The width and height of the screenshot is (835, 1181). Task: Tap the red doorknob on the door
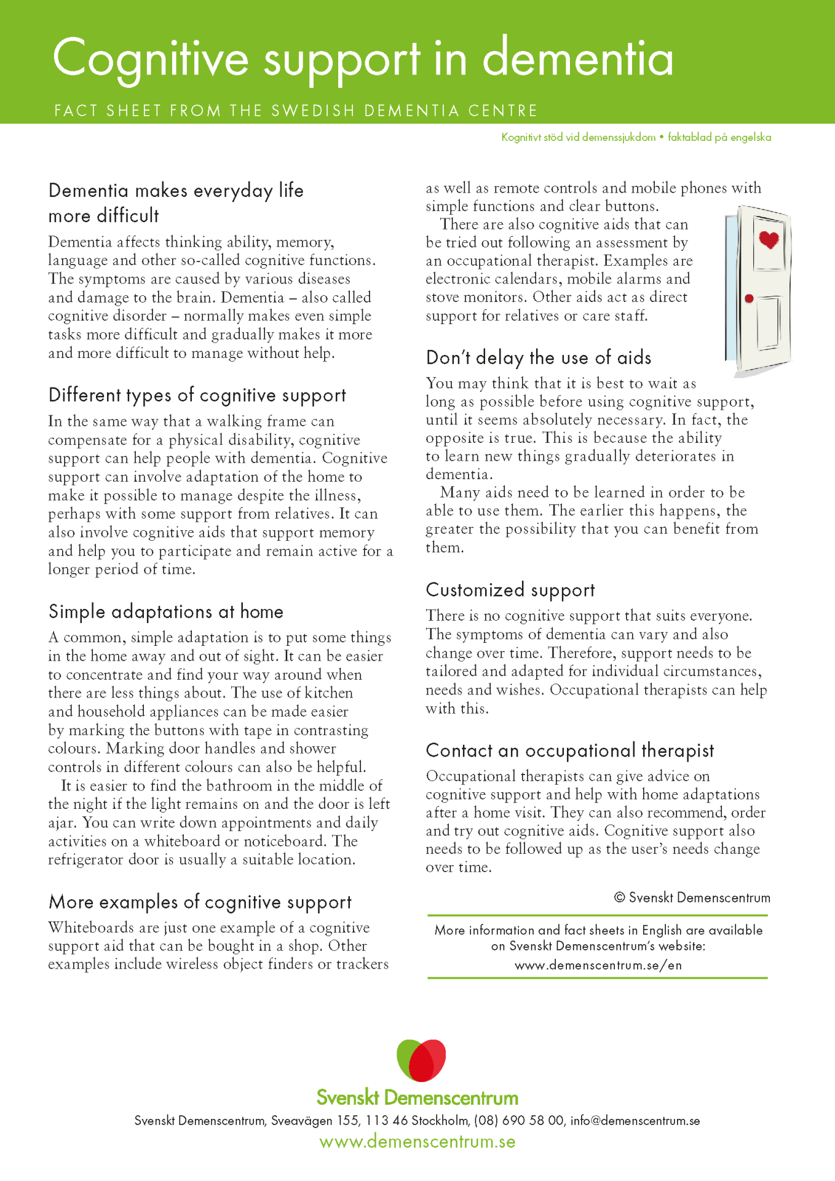749,299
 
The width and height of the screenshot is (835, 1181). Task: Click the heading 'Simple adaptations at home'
166,611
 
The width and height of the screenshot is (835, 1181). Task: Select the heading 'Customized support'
510,590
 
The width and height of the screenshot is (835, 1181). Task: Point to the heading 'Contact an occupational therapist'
570,750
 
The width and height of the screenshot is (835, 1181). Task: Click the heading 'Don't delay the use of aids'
539,357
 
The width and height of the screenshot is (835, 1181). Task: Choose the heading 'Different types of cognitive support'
197,395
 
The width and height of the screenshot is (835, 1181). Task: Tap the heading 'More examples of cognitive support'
200,902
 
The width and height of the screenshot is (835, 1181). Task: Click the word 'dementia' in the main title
578,60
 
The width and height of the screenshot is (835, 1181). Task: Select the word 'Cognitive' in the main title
151,60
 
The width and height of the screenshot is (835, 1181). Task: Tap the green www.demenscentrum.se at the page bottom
417,1142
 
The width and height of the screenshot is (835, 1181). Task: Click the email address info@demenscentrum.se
635,1121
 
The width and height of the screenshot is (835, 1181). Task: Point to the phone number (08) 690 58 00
519,1121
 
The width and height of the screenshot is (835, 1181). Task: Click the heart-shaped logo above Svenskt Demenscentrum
421,1060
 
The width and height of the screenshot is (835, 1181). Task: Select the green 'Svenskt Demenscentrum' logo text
417,1098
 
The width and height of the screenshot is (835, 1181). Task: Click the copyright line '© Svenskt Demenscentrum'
692,897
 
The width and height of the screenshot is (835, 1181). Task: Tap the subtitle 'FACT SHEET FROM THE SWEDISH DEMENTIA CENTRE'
296,111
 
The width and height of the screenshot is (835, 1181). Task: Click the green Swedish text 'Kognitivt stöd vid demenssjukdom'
579,137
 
